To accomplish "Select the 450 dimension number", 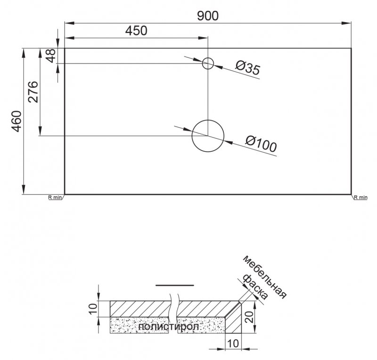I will pos(136,31).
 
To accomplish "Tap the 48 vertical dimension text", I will pos(51,56).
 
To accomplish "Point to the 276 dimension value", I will pos(33,92).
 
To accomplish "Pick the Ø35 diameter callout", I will pos(247,69).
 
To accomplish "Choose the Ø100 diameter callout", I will pos(261,144).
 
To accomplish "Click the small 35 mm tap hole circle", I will pos(208,63).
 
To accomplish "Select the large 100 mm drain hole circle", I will pos(207,136).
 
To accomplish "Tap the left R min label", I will pos(55,197).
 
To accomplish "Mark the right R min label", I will pos(360,197).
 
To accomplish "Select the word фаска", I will pos(254,287).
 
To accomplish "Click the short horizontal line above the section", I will pos(174,285).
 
